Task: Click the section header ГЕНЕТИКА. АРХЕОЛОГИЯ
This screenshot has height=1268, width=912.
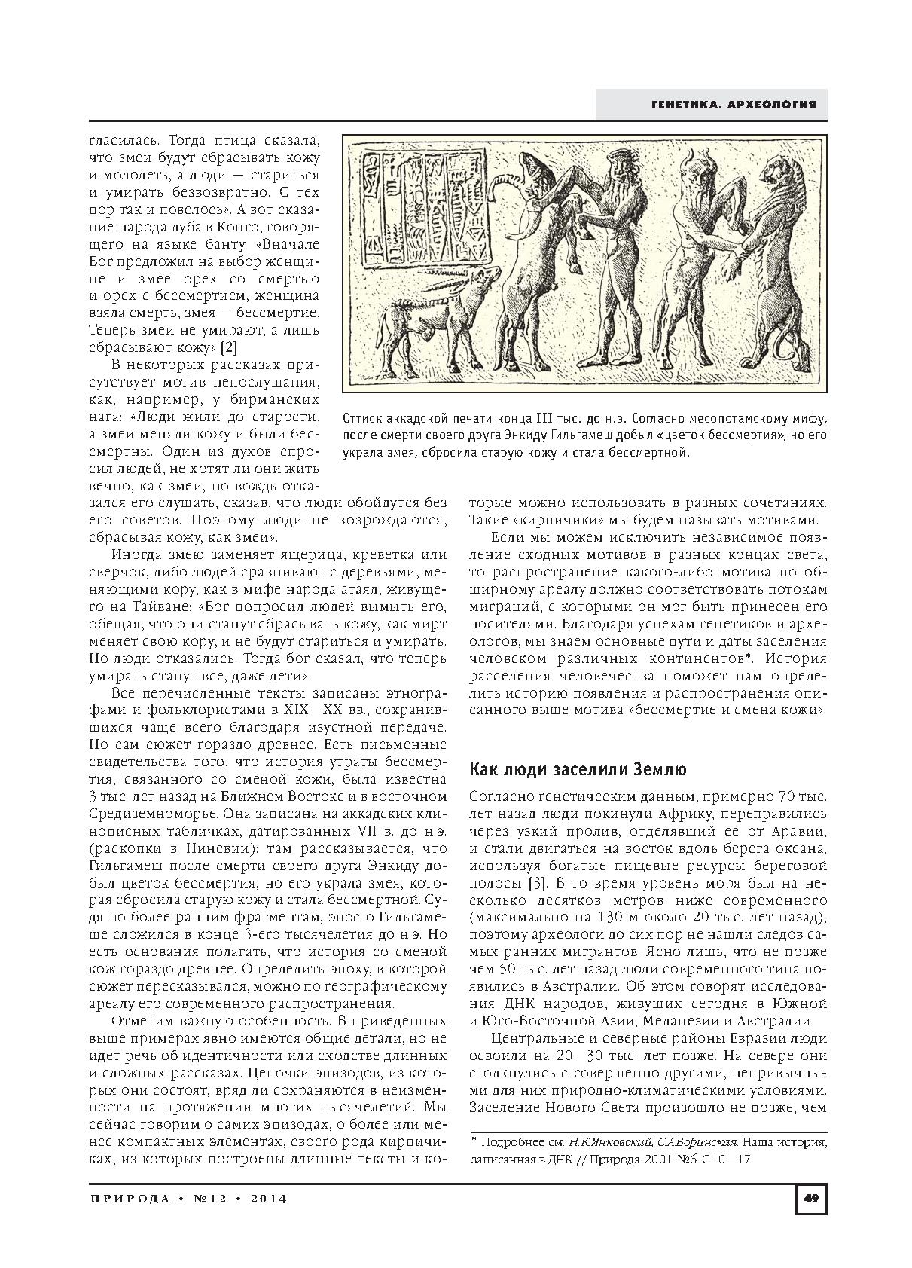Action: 734,105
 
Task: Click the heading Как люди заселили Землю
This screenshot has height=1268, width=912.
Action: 578,769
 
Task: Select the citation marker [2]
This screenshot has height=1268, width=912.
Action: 229,347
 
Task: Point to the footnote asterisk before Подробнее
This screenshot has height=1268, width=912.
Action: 474,1140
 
